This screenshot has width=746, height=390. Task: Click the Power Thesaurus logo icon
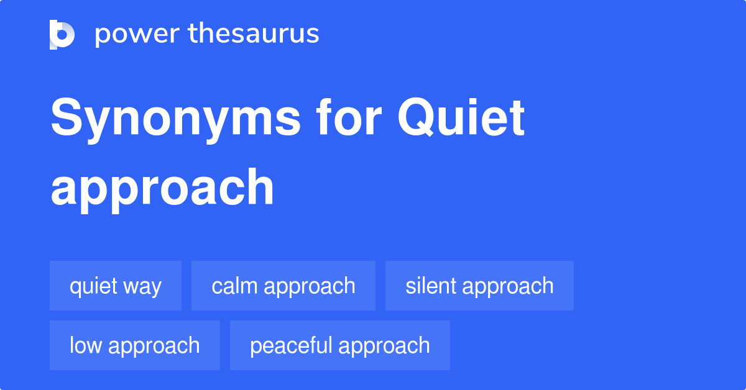[x=62, y=34]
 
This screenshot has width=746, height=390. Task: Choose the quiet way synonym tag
[x=116, y=286]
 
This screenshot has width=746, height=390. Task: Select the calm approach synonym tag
[x=283, y=286]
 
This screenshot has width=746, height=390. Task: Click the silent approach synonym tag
[x=479, y=286]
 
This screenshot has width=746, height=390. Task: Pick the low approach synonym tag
[x=135, y=345]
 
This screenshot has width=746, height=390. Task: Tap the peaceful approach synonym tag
[x=340, y=345]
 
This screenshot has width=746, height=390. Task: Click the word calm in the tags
[x=235, y=286]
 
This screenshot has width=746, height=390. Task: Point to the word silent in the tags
[x=431, y=286]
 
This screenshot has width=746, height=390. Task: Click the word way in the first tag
[x=142, y=288]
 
